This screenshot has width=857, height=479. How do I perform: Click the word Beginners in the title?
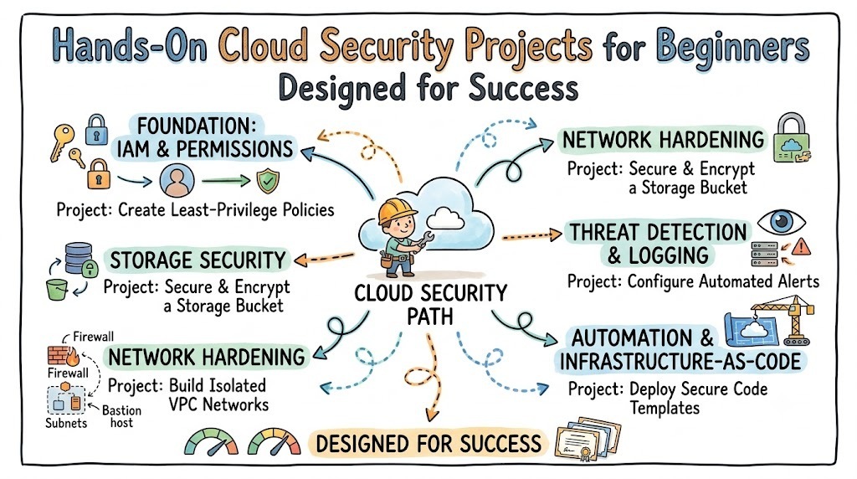[x=732, y=48]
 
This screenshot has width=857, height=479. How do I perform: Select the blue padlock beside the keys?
[x=96, y=129]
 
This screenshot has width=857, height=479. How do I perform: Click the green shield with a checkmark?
[x=268, y=182]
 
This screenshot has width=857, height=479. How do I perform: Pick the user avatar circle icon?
[x=177, y=181]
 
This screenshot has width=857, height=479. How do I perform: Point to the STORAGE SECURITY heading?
[x=198, y=260]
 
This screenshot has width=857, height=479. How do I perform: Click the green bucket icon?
[x=57, y=289]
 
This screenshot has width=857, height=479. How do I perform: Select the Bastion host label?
[x=122, y=416]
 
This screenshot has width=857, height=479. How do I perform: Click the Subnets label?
[x=66, y=423]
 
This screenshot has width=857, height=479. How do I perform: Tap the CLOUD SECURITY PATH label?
[x=431, y=305]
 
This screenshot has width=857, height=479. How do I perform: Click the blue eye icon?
[x=782, y=221]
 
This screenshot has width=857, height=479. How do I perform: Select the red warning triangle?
[x=801, y=247]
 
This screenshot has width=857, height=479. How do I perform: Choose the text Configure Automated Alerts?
[x=723, y=281]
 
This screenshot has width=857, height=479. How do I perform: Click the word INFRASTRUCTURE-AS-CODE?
[x=680, y=362]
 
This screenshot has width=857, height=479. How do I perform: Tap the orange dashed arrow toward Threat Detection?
[x=531, y=235]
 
